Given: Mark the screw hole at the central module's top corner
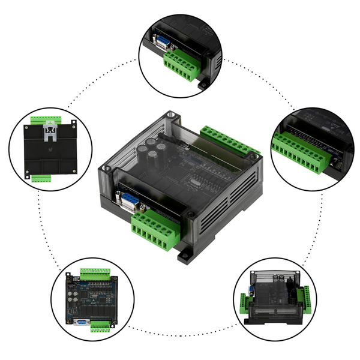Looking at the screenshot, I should tap(172, 113).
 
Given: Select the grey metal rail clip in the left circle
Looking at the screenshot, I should tap(50, 130).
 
